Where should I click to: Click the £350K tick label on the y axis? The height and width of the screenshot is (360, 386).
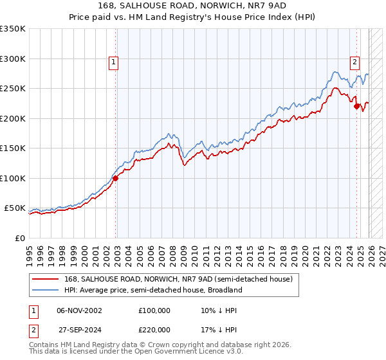pyautogui.click(x=13, y=29)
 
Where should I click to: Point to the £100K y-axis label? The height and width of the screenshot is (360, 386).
pyautogui.click(x=13, y=178)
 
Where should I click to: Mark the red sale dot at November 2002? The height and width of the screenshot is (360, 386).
pyautogui.click(x=116, y=178)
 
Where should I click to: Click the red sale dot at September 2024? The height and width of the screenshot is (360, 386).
pyautogui.click(x=356, y=107)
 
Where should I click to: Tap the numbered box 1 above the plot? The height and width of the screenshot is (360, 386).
pyautogui.click(x=113, y=62)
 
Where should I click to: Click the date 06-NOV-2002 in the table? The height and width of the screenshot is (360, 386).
pyautogui.click(x=78, y=310)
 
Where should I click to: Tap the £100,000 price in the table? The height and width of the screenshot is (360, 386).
pyautogui.click(x=154, y=310)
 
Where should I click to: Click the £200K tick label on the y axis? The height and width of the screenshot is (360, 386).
pyautogui.click(x=13, y=118)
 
